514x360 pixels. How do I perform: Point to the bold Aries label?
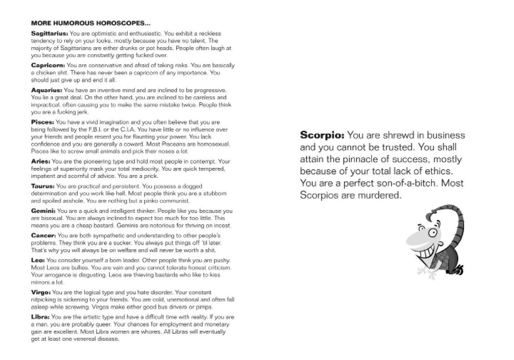[x=40, y=162]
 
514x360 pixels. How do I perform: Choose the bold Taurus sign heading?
[x=43, y=186]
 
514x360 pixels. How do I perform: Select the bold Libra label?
[x=40, y=317]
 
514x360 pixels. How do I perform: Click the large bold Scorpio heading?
[x=322, y=135]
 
